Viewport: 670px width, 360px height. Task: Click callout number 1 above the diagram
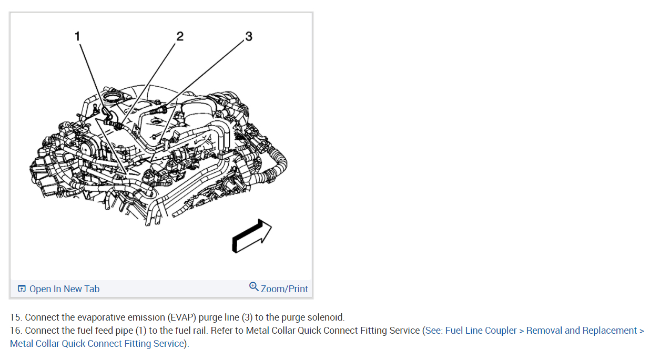tap(77, 36)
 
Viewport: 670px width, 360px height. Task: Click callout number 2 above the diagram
tap(180, 36)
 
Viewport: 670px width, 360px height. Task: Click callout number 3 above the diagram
tap(249, 36)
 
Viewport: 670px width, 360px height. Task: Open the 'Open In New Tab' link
tap(64, 289)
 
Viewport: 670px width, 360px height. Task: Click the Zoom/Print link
tap(285, 289)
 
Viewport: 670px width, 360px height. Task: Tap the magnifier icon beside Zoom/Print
tap(253, 286)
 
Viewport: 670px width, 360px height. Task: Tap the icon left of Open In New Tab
tap(22, 289)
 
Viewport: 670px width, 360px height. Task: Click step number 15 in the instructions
tap(15, 317)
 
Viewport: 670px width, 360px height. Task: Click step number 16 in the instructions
tap(15, 331)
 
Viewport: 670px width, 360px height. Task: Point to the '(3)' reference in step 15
tap(247, 317)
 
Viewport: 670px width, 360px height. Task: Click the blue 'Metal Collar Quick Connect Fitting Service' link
tap(97, 344)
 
